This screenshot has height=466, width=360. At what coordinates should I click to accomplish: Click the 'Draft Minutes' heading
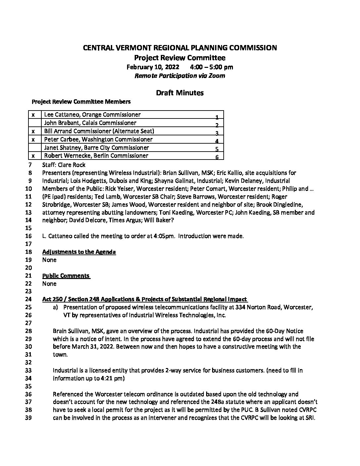(x=180, y=93)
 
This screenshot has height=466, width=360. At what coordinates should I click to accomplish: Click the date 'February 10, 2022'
(x=153, y=67)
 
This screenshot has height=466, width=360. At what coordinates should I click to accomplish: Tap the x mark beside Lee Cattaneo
(x=33, y=115)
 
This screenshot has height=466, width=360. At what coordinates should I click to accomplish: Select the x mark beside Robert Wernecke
(x=33, y=156)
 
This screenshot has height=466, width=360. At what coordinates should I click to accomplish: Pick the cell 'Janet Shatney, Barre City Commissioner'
(x=96, y=148)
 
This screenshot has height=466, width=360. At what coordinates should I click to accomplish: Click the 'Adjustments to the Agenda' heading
(x=79, y=252)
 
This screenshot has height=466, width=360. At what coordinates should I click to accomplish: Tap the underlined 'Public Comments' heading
(x=66, y=276)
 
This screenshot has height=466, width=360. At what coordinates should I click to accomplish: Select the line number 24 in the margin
(x=28, y=300)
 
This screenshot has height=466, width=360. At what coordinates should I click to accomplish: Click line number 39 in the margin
(x=28, y=418)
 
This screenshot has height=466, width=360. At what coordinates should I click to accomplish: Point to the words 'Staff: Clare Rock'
(x=64, y=165)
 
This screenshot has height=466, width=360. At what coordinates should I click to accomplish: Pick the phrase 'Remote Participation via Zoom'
(x=180, y=76)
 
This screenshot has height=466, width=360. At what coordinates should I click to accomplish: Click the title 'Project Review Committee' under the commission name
(x=180, y=58)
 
